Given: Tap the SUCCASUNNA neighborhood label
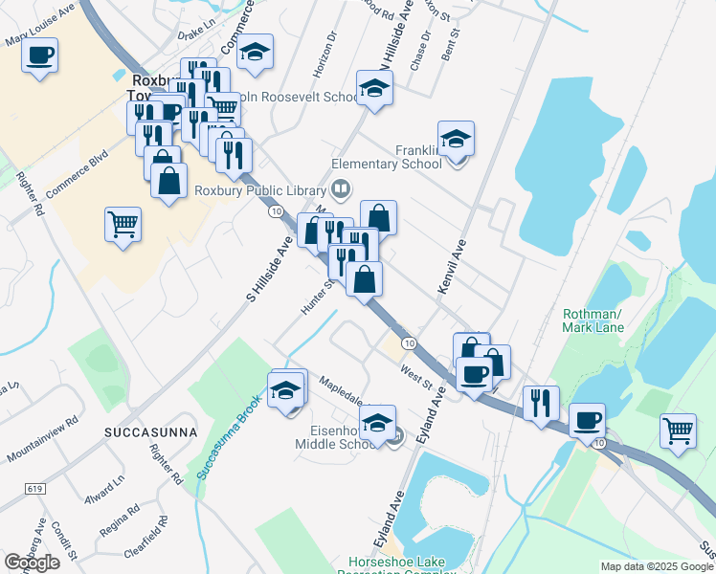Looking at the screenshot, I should tap(150, 432).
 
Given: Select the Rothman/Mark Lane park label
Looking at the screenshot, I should tap(593, 320).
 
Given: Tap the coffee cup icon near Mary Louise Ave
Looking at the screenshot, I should tap(40, 55).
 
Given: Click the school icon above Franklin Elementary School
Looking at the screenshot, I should tap(457, 138).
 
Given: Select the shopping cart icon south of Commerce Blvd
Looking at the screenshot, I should tap(123, 225).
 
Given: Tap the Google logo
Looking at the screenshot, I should tap(32, 562).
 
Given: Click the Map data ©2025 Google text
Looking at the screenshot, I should tap(656, 565).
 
